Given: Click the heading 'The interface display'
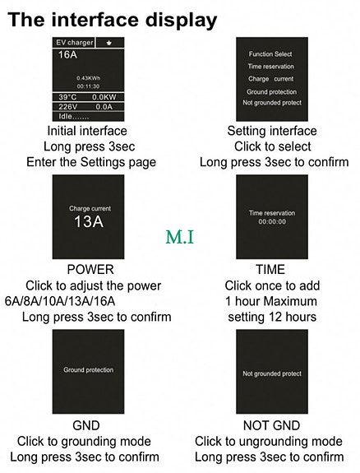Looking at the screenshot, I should click(x=113, y=17).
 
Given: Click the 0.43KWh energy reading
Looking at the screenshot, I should click(x=87, y=77).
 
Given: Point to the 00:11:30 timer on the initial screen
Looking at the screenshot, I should click(x=87, y=86).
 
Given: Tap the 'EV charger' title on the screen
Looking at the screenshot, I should click(x=74, y=42).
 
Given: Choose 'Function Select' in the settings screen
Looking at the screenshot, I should click(x=271, y=54).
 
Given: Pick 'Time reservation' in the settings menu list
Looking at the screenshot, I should click(x=271, y=67).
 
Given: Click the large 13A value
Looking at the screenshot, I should click(x=89, y=222).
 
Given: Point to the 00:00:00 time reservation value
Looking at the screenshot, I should click(x=271, y=221).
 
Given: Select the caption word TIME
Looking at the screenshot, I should click(x=270, y=270).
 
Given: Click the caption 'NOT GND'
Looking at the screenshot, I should click(x=270, y=426).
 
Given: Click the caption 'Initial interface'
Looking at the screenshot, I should click(x=87, y=132).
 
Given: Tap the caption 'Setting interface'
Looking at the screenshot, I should click(x=271, y=132).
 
